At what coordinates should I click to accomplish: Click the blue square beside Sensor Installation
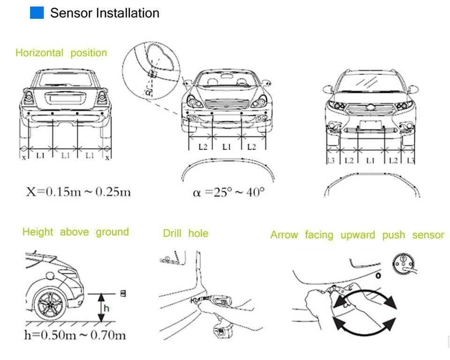(x=37, y=13)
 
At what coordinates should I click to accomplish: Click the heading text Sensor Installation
(x=105, y=13)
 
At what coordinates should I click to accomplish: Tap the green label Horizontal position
(x=61, y=53)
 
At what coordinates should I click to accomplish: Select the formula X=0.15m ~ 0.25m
(x=78, y=192)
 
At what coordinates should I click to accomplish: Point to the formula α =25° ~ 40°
(x=228, y=192)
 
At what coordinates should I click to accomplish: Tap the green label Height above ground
(x=75, y=232)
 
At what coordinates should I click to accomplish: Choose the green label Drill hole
(x=186, y=233)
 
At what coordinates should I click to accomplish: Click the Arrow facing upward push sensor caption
(x=357, y=235)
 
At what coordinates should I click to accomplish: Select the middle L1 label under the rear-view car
(x=65, y=155)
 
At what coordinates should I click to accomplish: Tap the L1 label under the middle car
(x=226, y=147)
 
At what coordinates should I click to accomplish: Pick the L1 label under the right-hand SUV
(x=370, y=161)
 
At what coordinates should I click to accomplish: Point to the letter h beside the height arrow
(x=106, y=308)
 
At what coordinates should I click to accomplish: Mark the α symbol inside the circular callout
(x=148, y=92)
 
